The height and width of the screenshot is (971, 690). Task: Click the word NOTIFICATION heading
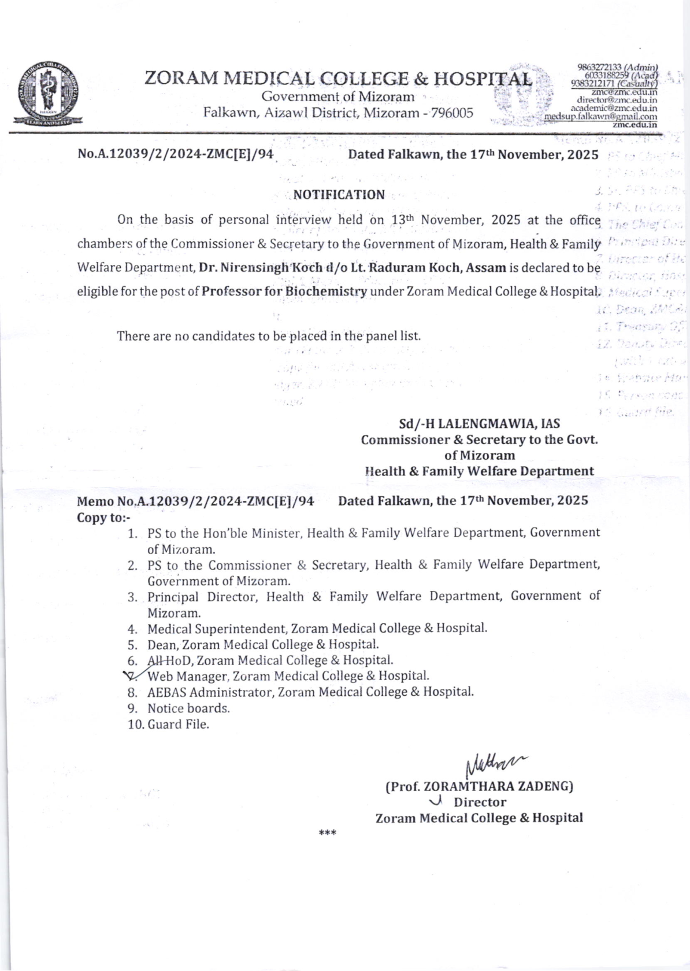pyautogui.click(x=339, y=195)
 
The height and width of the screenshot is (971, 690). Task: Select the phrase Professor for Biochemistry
pyautogui.click(x=284, y=291)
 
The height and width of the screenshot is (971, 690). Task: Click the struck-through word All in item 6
pyautogui.click(x=156, y=660)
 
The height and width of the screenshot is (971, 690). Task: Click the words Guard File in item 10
pyautogui.click(x=178, y=724)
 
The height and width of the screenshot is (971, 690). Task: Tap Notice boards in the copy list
pyautogui.click(x=188, y=708)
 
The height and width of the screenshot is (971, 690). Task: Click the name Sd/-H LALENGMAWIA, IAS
pyautogui.click(x=479, y=423)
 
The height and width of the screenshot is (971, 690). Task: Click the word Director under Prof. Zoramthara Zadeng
pyautogui.click(x=480, y=802)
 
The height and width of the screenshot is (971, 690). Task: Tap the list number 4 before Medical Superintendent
pyautogui.click(x=132, y=628)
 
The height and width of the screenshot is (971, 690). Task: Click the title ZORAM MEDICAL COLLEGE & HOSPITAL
pyautogui.click(x=338, y=78)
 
